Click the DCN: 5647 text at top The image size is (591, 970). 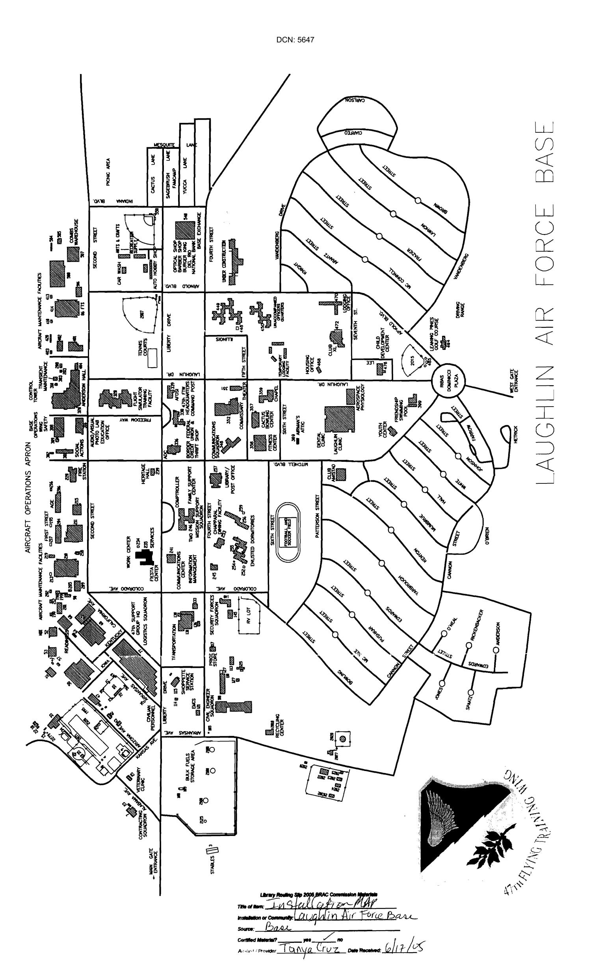[x=295, y=40]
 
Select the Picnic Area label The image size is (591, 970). [x=108, y=171]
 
